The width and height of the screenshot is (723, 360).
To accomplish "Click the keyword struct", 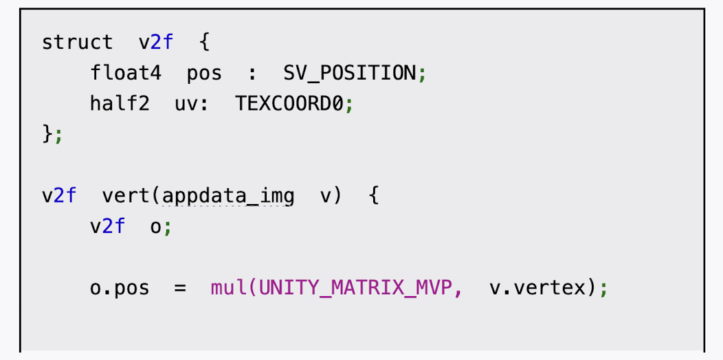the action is [x=77, y=42].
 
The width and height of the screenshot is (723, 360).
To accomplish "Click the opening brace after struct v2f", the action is [x=204, y=42].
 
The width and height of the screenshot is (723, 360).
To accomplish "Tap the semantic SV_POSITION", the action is [x=349, y=73].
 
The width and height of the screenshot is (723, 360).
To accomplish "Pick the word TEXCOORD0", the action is [x=289, y=104].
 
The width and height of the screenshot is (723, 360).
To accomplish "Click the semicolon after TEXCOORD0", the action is [x=348, y=104].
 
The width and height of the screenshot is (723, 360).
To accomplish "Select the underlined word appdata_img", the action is [x=228, y=196].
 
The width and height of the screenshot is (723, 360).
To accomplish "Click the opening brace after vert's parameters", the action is [x=373, y=196].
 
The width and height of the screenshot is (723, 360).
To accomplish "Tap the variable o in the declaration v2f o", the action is [x=155, y=227].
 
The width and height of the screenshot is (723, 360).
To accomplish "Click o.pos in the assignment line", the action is [x=119, y=288].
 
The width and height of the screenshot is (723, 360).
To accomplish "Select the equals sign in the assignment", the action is [x=180, y=288].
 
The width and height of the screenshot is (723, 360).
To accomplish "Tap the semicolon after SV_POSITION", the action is [x=421, y=74].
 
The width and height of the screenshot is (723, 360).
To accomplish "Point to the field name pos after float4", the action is [x=204, y=73].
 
